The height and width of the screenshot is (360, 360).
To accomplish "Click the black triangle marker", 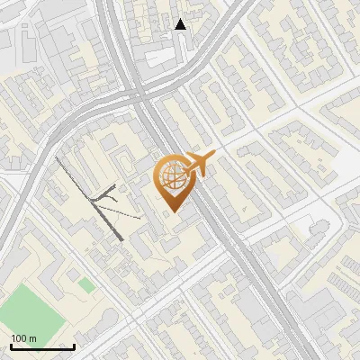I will tap(181, 24).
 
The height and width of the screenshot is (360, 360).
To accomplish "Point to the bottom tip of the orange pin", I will tap(171, 211).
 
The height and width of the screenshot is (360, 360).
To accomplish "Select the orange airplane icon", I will tap(196, 166).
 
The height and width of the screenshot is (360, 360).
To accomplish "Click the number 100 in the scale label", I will tap(19, 338).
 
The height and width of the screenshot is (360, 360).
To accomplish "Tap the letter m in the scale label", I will tap(32, 338).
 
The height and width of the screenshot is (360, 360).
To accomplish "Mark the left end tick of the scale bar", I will tap(11, 346).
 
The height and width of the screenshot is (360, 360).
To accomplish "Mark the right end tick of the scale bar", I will tap(74, 346).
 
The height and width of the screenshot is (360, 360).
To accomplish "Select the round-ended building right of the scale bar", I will tap(103, 324).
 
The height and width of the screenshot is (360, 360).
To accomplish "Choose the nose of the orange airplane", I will tap(212, 159).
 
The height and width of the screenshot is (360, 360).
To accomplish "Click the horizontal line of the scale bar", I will tap(42, 347).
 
